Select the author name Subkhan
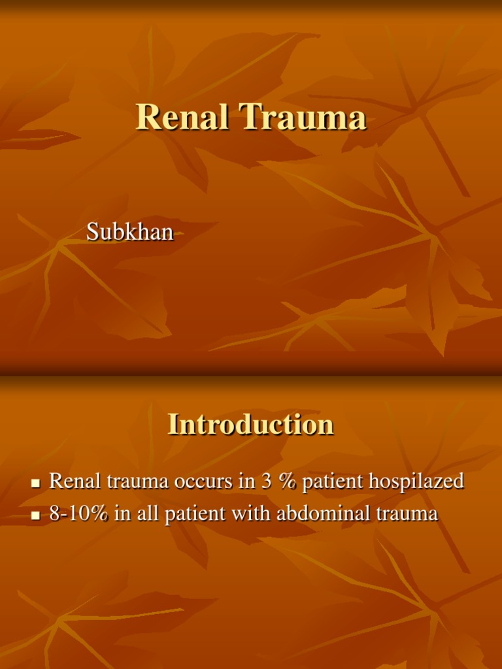pyautogui.click(x=130, y=231)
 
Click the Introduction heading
pyautogui.click(x=251, y=424)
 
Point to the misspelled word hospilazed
pyautogui.click(x=416, y=482)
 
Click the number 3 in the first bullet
pyautogui.click(x=266, y=482)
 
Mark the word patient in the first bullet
pyautogui.click(x=333, y=482)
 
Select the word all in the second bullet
pyautogui.click(x=148, y=514)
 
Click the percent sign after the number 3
pyautogui.click(x=287, y=482)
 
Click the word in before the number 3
pyautogui.click(x=246, y=482)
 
